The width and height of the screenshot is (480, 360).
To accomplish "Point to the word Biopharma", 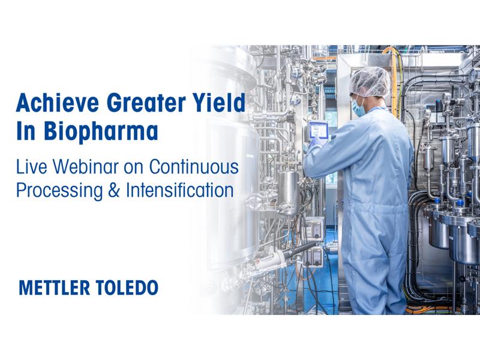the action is (x=101, y=132).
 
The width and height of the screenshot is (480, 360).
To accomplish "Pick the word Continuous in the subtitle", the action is (x=194, y=167).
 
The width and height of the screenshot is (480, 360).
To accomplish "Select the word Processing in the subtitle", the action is (x=59, y=191).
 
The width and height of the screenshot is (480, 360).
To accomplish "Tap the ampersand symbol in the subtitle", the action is (x=114, y=190).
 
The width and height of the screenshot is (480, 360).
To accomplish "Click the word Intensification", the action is (x=180, y=190).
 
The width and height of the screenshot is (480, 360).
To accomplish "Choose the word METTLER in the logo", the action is (x=55, y=288).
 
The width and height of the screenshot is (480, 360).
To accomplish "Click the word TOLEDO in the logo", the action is (x=127, y=288).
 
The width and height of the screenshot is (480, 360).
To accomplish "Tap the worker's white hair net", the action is (x=370, y=81).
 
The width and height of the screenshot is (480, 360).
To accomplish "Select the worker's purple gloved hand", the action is (x=314, y=143).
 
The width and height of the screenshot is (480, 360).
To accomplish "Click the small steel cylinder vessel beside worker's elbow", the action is (x=288, y=191).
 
